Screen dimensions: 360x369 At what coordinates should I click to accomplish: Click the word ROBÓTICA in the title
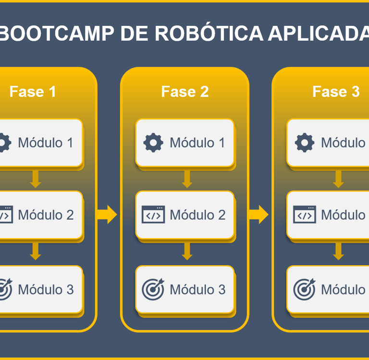click(209, 34)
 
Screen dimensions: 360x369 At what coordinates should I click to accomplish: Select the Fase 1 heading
click(33, 92)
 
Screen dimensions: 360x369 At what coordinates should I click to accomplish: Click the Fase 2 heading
click(185, 92)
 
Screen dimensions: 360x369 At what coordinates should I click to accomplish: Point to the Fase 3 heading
click(336, 92)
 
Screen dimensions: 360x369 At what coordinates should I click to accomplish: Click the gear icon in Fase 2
click(153, 143)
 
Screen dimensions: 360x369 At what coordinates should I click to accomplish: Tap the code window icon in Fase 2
click(153, 215)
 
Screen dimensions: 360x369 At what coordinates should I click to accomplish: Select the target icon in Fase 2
click(153, 289)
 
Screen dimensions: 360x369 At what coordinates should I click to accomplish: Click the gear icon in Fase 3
click(305, 143)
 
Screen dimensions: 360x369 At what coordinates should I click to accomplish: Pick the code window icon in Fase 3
click(305, 215)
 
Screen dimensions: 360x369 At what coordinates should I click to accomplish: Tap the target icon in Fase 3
click(305, 289)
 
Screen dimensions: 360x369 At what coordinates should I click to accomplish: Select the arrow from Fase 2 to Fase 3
click(258, 215)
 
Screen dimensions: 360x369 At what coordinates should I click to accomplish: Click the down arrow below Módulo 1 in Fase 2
click(187, 179)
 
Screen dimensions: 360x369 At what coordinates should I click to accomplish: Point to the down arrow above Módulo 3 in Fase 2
click(187, 252)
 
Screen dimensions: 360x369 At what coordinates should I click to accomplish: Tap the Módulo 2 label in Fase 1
click(46, 215)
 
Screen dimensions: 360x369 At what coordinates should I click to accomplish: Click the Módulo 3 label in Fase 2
click(197, 290)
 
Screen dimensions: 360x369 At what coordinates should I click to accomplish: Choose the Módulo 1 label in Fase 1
click(46, 143)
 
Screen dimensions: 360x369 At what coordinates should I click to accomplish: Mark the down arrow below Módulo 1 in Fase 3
click(338, 179)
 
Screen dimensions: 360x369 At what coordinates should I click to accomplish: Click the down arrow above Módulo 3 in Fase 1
click(35, 252)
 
